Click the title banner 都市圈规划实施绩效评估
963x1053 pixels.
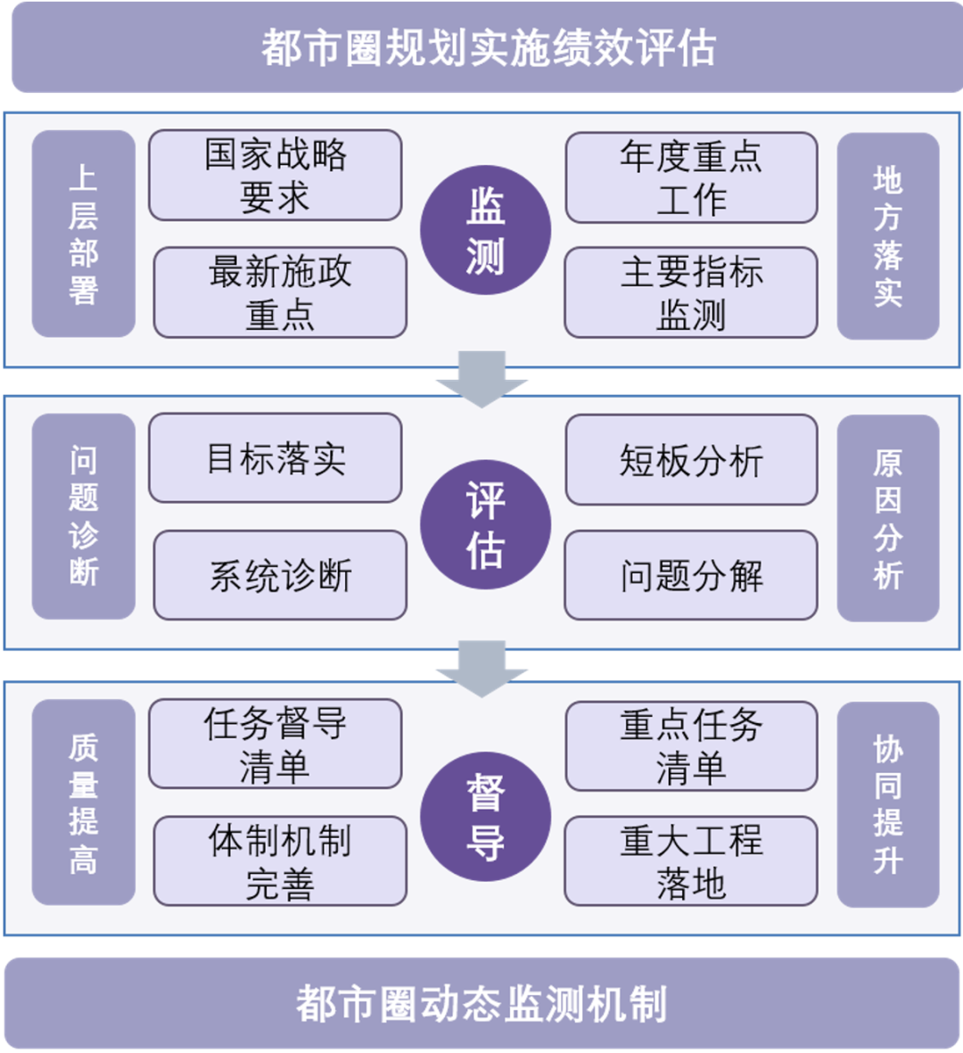coord(487,47)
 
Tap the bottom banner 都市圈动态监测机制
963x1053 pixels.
coord(481,1003)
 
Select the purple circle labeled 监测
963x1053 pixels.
coord(485,230)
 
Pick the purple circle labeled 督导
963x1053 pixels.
coord(485,817)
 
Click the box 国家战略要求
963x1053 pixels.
coord(275,176)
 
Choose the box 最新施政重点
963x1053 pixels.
coord(280,292)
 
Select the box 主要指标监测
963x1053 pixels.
coord(691,292)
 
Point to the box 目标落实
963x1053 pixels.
coord(275,458)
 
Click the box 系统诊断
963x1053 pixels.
coord(280,575)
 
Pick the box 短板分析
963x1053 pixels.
coord(691,460)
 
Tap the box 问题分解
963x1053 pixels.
coord(691,575)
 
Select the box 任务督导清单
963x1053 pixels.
coord(275,745)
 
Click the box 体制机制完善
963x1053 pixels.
coord(280,861)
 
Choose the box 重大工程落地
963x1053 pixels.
coord(691,861)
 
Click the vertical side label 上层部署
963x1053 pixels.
coord(84,234)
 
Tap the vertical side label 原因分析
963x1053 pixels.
coord(888,518)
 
